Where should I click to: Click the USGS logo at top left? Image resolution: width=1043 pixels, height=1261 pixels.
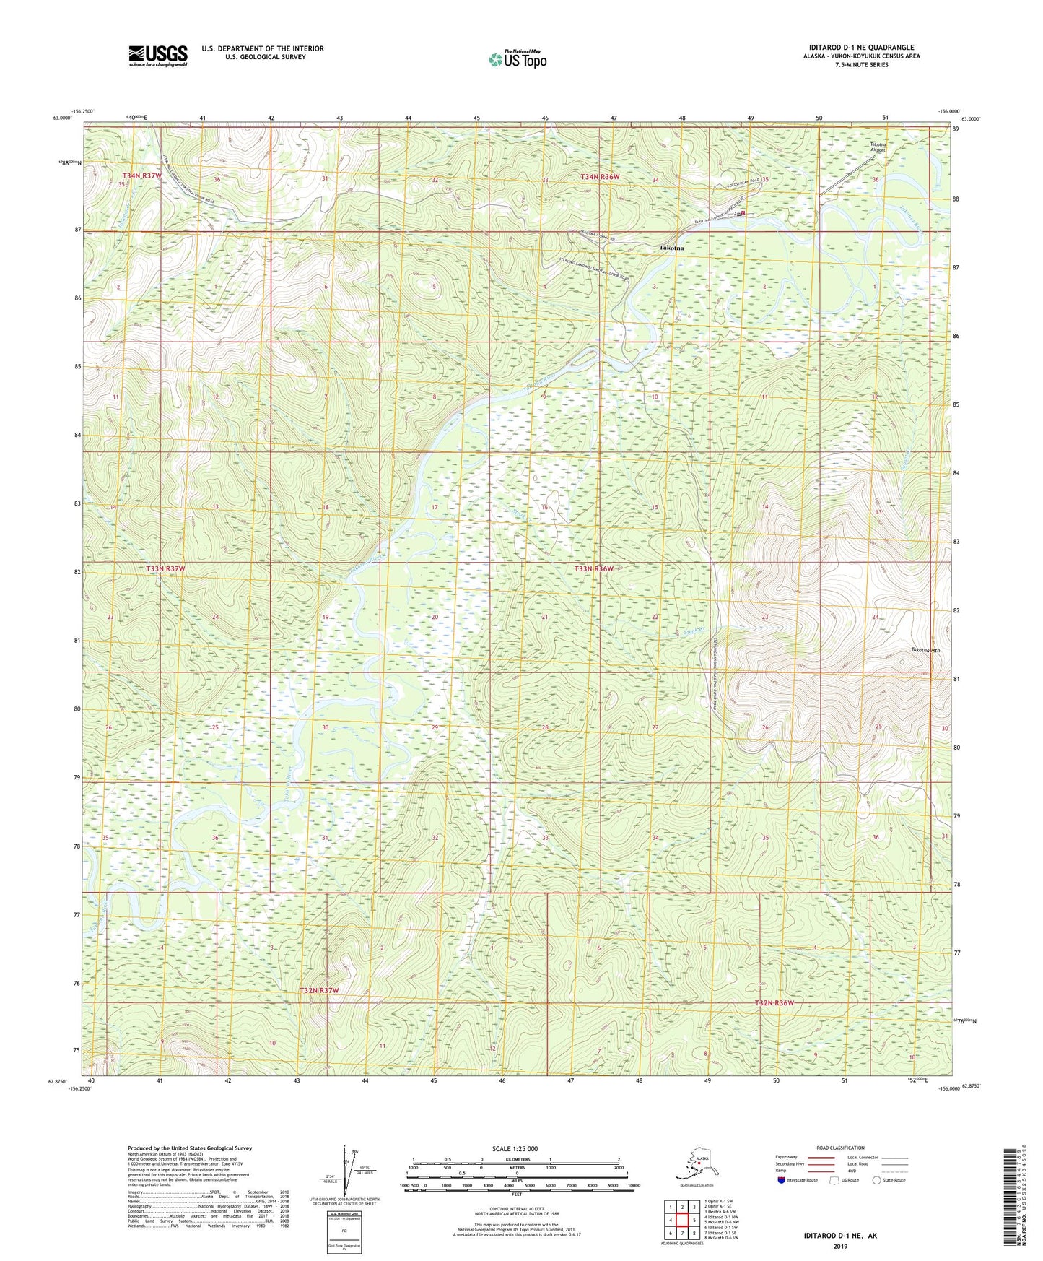[x=157, y=55]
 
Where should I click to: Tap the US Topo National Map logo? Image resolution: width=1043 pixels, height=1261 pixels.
[x=517, y=58]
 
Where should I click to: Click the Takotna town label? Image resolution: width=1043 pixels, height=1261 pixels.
[x=671, y=248]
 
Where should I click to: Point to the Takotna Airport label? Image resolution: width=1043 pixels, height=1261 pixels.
[x=878, y=148]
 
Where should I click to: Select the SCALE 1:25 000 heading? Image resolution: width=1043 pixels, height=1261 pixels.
[x=516, y=1148]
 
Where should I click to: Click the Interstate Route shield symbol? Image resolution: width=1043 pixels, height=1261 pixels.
[x=782, y=1180]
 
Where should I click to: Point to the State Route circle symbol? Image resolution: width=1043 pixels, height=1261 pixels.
[x=877, y=1180]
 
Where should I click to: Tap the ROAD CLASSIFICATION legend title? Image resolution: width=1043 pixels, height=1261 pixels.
[x=841, y=1148]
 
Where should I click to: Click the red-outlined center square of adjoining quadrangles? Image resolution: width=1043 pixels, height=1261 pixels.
[x=682, y=1219]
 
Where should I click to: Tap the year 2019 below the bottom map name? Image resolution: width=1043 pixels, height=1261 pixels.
[x=840, y=1246]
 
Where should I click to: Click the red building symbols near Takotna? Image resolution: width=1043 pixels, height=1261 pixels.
[x=739, y=213]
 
